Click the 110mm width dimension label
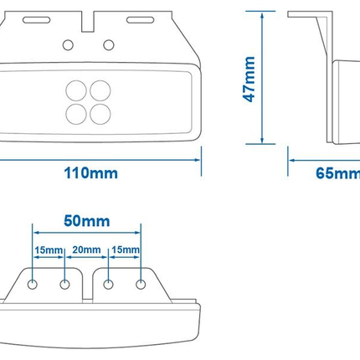coord(91,173)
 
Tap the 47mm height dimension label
coord(249,80)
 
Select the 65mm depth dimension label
coord(338,173)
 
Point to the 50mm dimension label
coord(87,221)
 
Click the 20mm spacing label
coord(86,249)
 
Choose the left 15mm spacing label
coord(49,250)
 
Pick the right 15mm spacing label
coord(126,249)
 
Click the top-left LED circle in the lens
coord(76,90)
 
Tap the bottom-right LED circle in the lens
coord(100,114)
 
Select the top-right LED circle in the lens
coord(100,90)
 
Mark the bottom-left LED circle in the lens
coord(76,114)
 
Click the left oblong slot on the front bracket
coord(37,20)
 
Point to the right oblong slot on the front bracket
coord(140,20)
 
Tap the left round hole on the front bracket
coord(68,45)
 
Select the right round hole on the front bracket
coord(109,45)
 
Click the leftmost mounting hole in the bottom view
coord(33,285)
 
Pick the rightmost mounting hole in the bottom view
coord(141,285)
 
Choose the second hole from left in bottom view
coord(64,285)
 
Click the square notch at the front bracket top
coord(88,22)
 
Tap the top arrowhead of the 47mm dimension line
coord(262,15)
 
